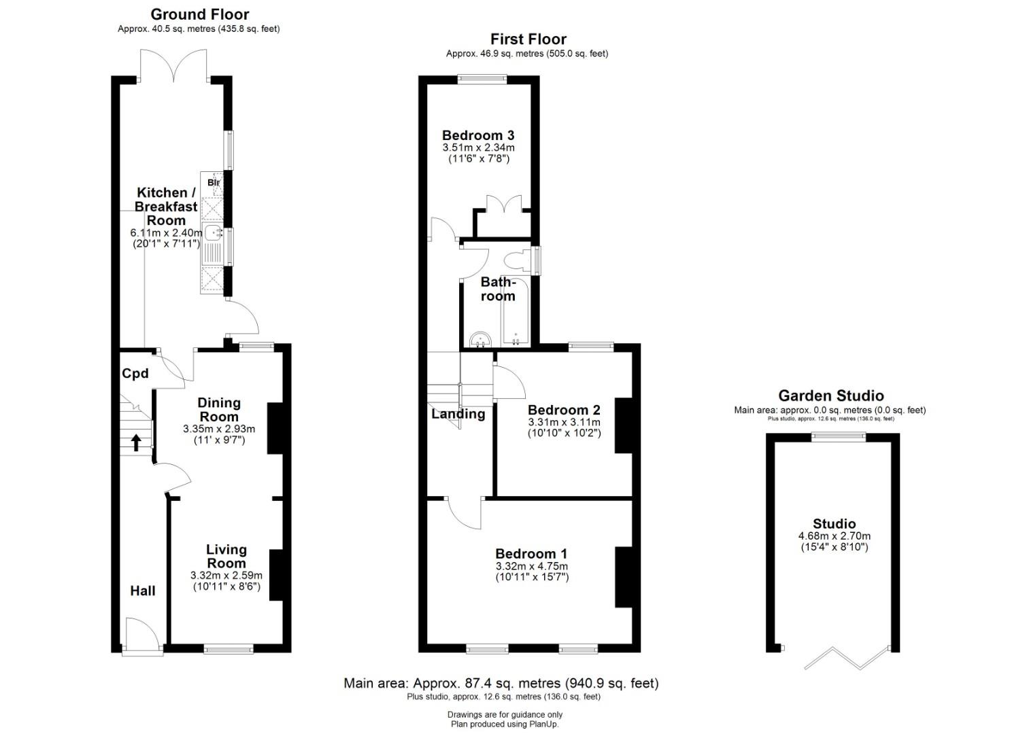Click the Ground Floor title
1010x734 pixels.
[x=200, y=14]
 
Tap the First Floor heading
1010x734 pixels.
[x=528, y=39]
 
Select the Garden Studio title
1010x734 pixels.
[x=831, y=396]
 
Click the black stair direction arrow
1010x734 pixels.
[x=136, y=442]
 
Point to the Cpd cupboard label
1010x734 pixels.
[x=135, y=374]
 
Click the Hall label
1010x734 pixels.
[x=143, y=591]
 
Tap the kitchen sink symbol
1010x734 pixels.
[x=212, y=233]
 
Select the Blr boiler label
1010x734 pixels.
[x=214, y=183]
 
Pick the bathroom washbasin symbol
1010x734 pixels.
[x=480, y=340]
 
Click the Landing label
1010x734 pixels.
[x=458, y=414]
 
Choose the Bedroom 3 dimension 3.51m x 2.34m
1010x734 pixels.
[x=478, y=147]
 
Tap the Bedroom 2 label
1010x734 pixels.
[x=564, y=410]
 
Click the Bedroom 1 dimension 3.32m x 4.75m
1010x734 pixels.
[x=532, y=566]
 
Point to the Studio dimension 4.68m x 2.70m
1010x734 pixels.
[x=834, y=536]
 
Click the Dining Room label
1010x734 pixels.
[x=219, y=410]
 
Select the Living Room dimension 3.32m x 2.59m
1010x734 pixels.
[x=226, y=576]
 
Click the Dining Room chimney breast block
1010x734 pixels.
[x=275, y=428]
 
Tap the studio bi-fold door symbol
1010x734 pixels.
[x=847, y=659]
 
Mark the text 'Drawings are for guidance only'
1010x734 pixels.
[x=505, y=714]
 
